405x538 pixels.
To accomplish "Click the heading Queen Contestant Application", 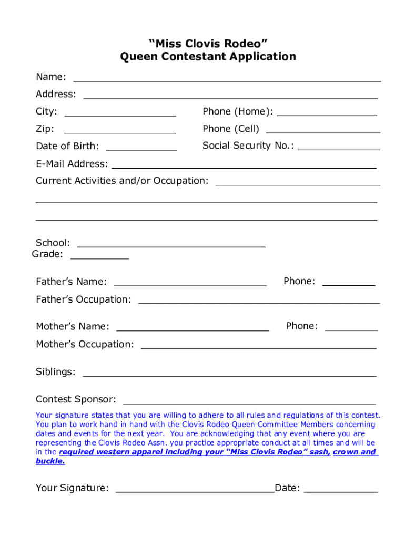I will pos(208,56).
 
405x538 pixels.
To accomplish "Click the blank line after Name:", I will pos(227,79).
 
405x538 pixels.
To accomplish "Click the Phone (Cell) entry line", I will pos(323,130).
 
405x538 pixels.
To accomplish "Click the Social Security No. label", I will pos(248,146).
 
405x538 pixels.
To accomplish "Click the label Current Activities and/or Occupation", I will pos(122,181).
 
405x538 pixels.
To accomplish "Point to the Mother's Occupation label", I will pos(85,344).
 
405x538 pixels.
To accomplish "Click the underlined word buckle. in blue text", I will pos(50,461).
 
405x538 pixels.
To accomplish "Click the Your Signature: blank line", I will pos(195,490).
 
